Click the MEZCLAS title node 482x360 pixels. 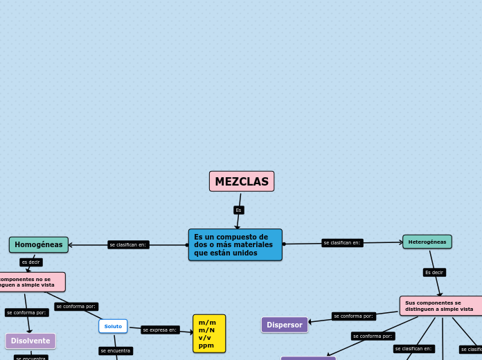pyautogui.click(x=242, y=181)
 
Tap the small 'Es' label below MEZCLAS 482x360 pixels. pyautogui.click(x=238, y=210)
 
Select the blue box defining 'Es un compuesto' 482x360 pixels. pyautogui.click(x=235, y=245)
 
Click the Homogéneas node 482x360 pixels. pyautogui.click(x=39, y=244)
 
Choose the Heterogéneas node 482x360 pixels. pyautogui.click(x=427, y=242)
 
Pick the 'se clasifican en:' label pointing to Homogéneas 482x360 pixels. pyautogui.click(x=128, y=244)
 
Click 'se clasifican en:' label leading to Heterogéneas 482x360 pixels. pyautogui.click(x=342, y=242)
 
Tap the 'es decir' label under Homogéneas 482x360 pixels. pyautogui.click(x=30, y=262)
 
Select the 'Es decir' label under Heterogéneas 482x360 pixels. pyautogui.click(x=434, y=272)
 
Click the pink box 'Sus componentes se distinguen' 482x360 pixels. pyautogui.click(x=441, y=306)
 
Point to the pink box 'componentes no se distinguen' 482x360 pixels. pyautogui.click(x=31, y=282)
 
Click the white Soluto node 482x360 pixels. pyautogui.click(x=113, y=326)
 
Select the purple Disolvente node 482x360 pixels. pyautogui.click(x=30, y=341)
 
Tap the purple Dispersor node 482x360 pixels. pyautogui.click(x=285, y=325)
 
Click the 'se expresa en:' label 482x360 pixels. pyautogui.click(x=160, y=330)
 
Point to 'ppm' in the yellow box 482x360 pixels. pyautogui.click(x=206, y=345)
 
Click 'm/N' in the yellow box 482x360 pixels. pyautogui.click(x=206, y=330)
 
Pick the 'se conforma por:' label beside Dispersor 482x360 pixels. pyautogui.click(x=353, y=316)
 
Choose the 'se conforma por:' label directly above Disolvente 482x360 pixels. pyautogui.click(x=26, y=312)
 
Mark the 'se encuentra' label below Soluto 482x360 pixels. pyautogui.click(x=115, y=350)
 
